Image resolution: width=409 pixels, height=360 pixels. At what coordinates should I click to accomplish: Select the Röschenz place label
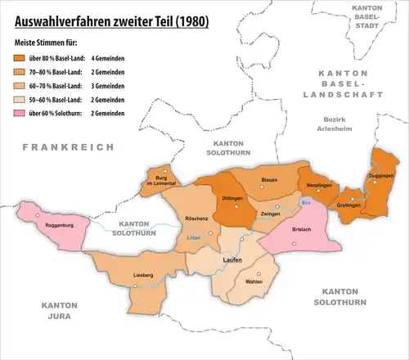[198, 220]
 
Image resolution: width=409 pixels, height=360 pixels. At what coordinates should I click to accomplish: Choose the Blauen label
[270, 180]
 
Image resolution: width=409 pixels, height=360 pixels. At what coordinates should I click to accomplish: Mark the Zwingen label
[271, 213]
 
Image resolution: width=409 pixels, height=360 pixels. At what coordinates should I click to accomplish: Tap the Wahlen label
[254, 282]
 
